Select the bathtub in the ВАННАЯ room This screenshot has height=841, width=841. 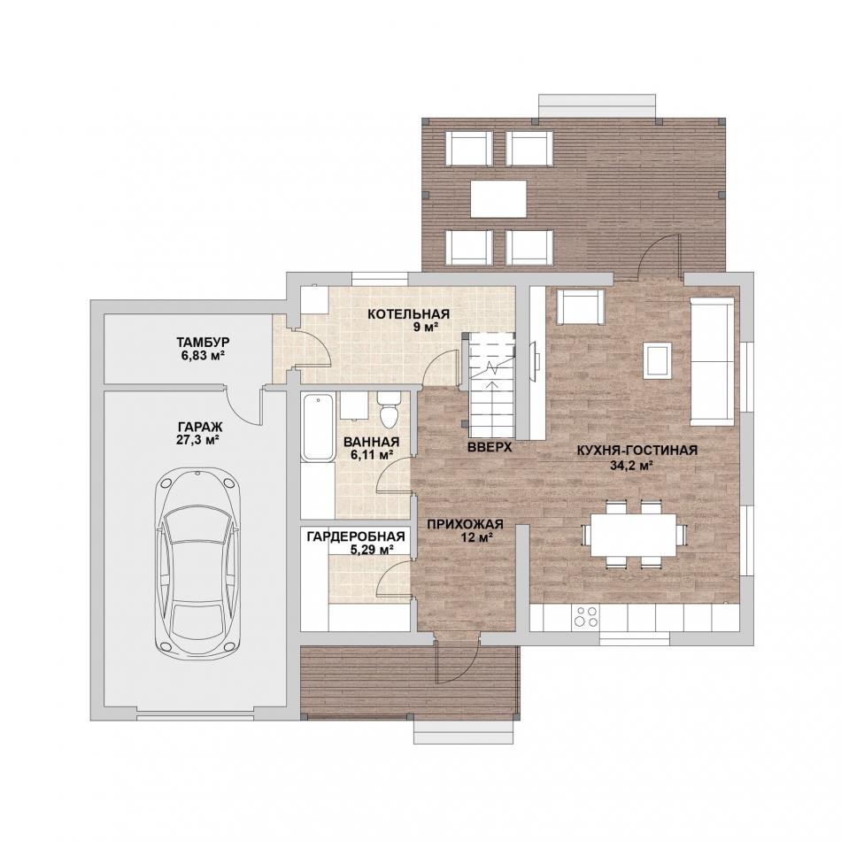[318, 427]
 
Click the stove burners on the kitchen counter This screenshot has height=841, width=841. [586, 616]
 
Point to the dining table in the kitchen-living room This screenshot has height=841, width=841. [634, 535]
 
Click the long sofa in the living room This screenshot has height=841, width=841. [712, 361]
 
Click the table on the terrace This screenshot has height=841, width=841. [498, 198]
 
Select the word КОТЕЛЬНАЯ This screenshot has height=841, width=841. [408, 313]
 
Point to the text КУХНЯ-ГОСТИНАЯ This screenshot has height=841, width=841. [637, 451]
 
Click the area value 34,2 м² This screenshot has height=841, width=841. [632, 465]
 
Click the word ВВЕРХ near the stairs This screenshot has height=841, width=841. [490, 448]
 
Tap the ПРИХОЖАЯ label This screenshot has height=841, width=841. [465, 524]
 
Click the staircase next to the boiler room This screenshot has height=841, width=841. [492, 385]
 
